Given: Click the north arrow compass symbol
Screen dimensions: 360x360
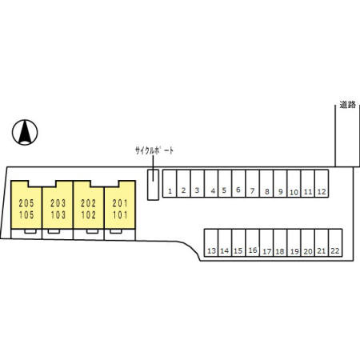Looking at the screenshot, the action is [25, 132].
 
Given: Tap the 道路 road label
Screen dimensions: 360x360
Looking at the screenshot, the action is [348, 105].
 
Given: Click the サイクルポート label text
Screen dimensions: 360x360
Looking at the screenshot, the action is [154, 150].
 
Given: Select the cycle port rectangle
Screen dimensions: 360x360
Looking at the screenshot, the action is [153, 185].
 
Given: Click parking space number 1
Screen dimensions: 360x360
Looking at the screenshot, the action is [170, 184].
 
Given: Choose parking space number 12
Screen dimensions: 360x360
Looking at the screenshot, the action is [322, 184].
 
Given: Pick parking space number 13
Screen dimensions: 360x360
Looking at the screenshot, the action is [211, 242].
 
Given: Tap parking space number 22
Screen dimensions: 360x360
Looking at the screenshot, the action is [335, 242].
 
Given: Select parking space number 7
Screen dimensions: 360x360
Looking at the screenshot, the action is [253, 184].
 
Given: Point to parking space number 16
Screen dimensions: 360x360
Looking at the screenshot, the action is [253, 242].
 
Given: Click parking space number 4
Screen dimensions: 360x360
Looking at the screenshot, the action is [211, 184].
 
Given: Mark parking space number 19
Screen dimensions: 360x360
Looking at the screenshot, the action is [294, 242].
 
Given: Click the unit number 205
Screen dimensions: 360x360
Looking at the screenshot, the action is [26, 203].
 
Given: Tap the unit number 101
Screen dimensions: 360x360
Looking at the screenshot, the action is [120, 215].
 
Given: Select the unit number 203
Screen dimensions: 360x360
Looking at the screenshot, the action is [58, 203].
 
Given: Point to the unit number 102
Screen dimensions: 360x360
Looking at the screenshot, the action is [89, 215].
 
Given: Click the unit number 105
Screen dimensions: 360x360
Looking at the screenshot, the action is [26, 215].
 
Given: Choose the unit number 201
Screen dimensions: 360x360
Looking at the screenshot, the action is [120, 203].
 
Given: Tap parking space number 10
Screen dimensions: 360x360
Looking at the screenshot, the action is [294, 184].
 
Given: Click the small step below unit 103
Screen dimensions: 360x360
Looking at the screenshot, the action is [54, 231].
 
